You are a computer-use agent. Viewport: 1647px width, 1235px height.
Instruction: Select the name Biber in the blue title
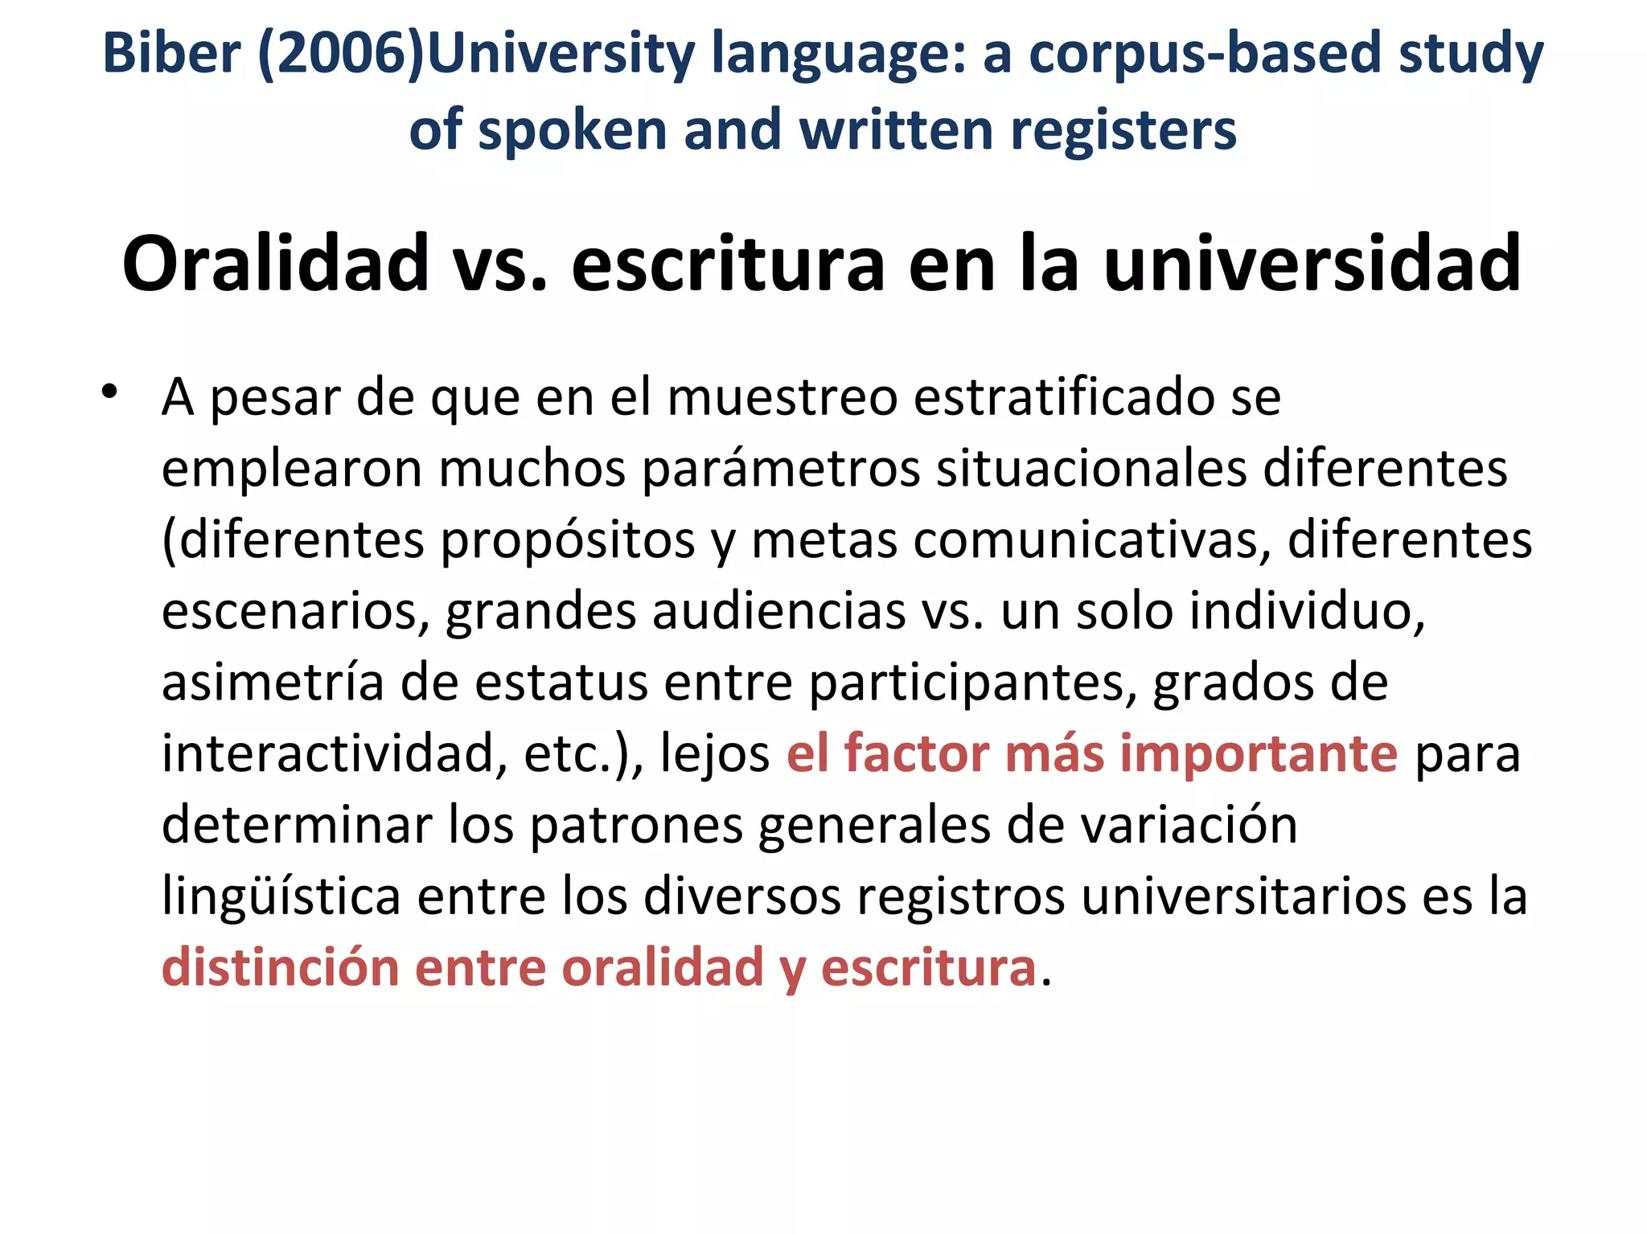pos(171,55)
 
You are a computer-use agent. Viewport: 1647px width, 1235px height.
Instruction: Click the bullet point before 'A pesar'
pos(109,392)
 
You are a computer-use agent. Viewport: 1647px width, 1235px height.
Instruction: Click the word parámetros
pos(780,469)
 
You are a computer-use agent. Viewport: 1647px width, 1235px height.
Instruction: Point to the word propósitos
pos(568,540)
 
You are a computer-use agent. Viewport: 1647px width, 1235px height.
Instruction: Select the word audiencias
pos(778,611)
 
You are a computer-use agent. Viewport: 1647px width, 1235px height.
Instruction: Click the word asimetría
pos(273,683)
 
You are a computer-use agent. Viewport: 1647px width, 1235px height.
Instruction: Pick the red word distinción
pos(281,967)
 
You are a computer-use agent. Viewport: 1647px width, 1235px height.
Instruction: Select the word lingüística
pos(281,896)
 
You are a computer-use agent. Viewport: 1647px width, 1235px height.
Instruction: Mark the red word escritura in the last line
pos(928,967)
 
